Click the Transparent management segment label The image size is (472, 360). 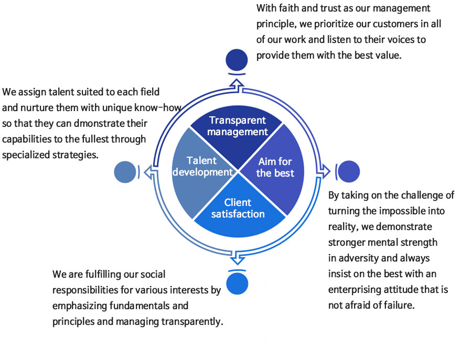coord(237,126)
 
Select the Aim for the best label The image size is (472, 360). coord(275,167)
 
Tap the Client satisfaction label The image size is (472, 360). coord(238,208)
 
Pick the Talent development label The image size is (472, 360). coord(202,166)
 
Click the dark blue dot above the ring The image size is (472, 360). coord(237,59)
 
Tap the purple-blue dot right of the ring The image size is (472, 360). coord(349,171)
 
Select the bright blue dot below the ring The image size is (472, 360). coord(237,283)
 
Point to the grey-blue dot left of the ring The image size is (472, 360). coord(125,172)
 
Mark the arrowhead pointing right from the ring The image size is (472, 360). coord(326,171)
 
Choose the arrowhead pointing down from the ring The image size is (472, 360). coord(237,259)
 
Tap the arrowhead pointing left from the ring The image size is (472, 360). coord(148,171)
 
